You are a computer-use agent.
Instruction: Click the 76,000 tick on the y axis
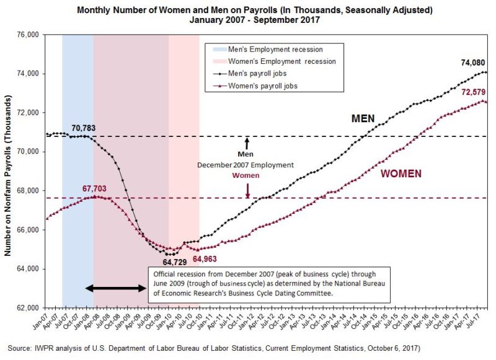coord(28,35)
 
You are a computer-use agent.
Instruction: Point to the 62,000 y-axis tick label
coord(28,308)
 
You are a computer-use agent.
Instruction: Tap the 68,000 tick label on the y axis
coord(28,191)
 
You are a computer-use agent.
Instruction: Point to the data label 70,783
coord(84,128)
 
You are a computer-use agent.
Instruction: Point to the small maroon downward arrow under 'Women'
coord(247,190)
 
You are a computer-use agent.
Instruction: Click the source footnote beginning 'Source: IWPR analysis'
coord(214,348)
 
